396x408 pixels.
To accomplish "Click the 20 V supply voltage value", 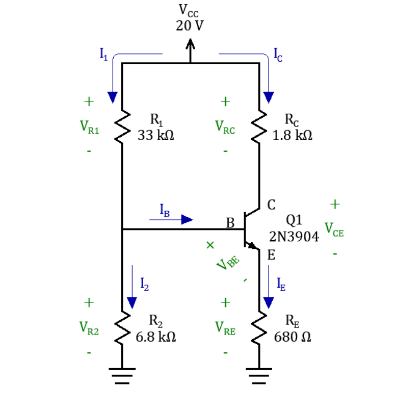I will [x=190, y=25].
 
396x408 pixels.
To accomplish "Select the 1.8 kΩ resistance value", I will [x=293, y=136].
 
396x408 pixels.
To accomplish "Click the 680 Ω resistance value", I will [x=293, y=337].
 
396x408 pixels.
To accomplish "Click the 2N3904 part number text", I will [x=294, y=237].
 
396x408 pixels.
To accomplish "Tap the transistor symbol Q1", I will [x=250, y=229].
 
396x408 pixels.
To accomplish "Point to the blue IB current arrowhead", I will [x=187, y=219].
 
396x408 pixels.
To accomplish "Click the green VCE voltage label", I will [x=334, y=229].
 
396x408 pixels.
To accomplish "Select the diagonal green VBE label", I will [x=227, y=263].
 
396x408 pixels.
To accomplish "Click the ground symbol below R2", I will [x=122, y=376].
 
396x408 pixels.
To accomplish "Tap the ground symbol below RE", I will [x=259, y=376].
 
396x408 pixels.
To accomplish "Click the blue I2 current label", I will [x=145, y=284].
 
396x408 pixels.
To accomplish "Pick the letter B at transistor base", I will [x=230, y=223].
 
